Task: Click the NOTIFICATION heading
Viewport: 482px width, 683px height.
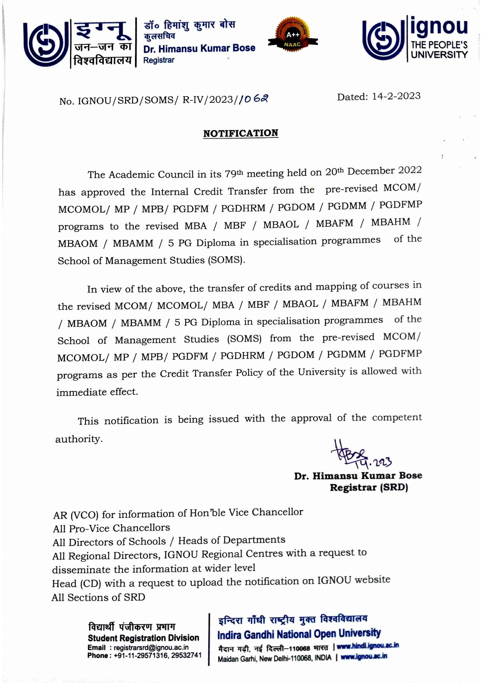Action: coord(240,133)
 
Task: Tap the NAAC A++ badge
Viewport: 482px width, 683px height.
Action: coord(293,38)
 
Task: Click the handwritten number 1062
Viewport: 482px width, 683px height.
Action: coord(254,100)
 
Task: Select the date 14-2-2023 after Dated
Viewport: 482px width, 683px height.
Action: coord(396,96)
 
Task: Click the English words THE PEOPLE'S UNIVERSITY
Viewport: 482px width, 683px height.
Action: coord(439,50)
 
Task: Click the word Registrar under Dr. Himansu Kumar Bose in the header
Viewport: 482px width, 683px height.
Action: coord(159,60)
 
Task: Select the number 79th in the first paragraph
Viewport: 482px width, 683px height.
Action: coord(234,173)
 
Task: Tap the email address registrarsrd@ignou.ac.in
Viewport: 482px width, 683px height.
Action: coord(151,648)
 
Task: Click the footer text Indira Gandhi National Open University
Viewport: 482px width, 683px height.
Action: coord(299,634)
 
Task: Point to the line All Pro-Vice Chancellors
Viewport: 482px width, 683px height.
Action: coord(111,528)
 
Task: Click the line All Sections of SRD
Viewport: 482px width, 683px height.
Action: coord(98,597)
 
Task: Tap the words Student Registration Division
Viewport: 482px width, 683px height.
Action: coord(143,638)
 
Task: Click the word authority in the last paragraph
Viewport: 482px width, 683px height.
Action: coord(79,439)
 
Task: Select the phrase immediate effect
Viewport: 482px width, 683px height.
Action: coord(97,392)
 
